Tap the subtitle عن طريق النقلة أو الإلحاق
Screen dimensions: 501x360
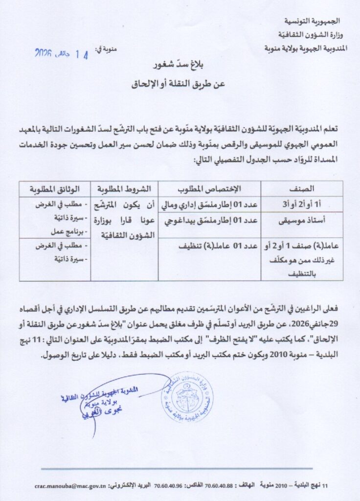click(x=180, y=84)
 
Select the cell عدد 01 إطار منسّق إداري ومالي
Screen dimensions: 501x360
click(x=212, y=204)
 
